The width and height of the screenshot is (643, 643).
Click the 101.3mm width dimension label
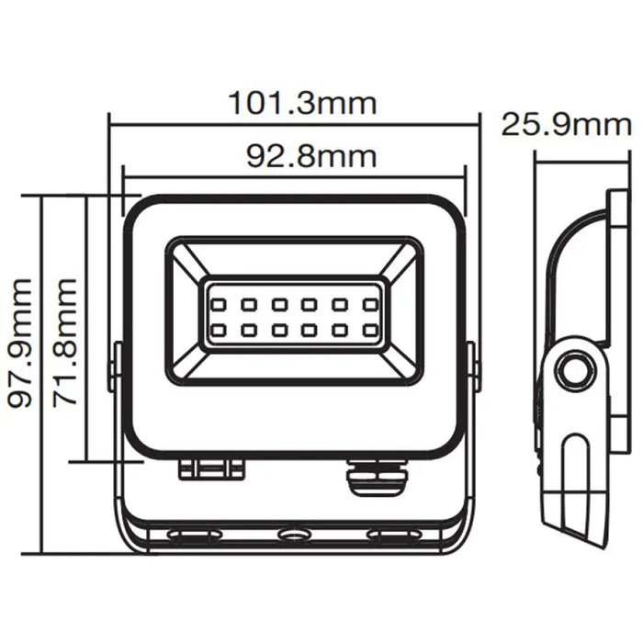point(303,103)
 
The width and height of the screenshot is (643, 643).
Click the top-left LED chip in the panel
point(220,302)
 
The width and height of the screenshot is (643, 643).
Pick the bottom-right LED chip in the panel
point(371,328)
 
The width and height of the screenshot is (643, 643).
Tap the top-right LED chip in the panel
point(371,302)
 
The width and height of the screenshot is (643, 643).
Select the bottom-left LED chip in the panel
point(220,328)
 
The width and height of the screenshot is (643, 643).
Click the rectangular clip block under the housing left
point(212,468)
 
